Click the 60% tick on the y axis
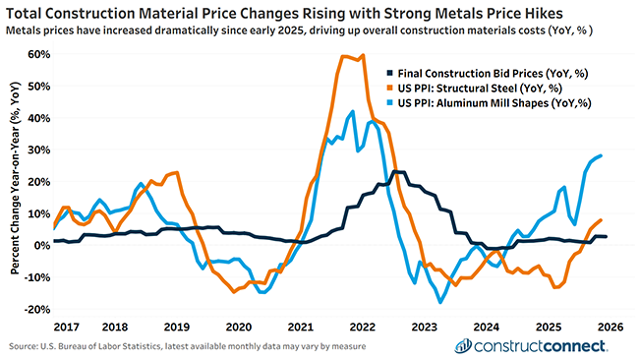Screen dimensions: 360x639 [37, 54]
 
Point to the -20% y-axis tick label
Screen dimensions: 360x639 [36, 309]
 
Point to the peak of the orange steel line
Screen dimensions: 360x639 [363, 55]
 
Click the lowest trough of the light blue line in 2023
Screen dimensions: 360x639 [441, 302]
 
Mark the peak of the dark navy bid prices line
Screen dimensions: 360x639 [396, 172]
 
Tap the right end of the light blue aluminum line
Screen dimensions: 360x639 [601, 155]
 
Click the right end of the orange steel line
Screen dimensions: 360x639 [601, 220]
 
